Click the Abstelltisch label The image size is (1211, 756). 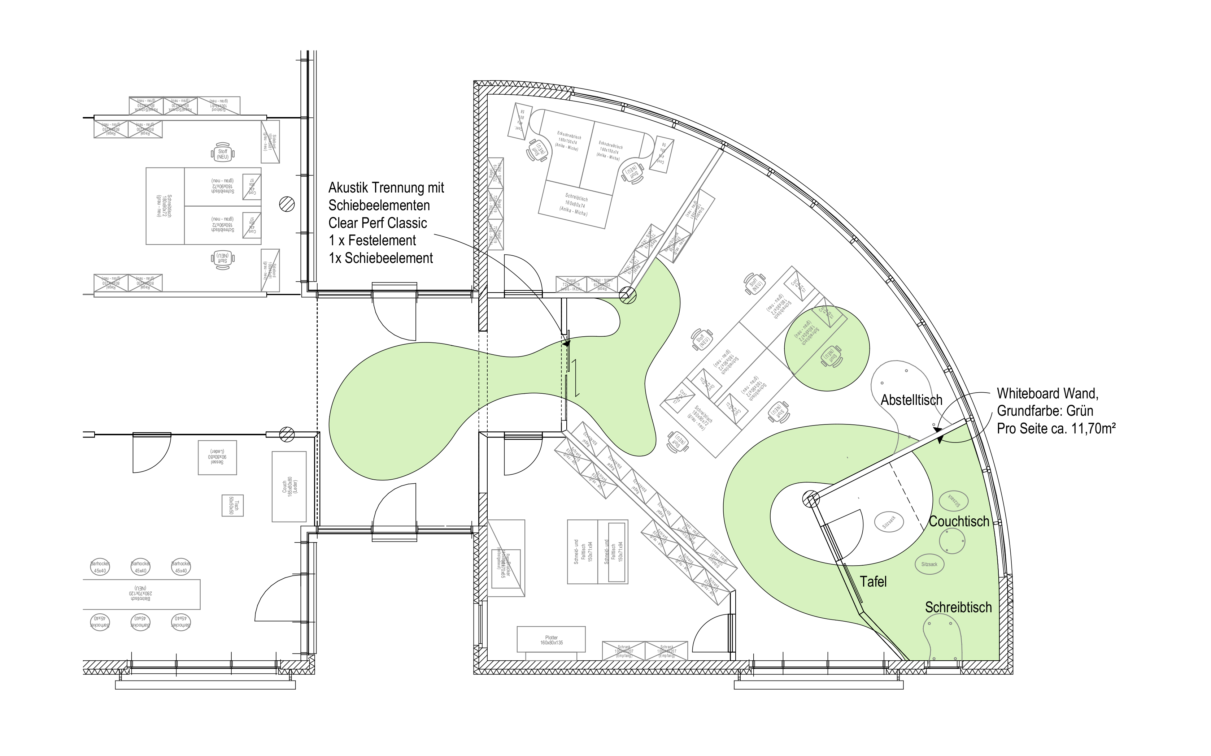[x=911, y=400]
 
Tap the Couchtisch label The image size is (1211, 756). [x=959, y=522]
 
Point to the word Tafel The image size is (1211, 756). [x=873, y=582]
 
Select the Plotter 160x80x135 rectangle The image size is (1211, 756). [x=551, y=639]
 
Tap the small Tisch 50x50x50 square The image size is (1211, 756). [x=232, y=505]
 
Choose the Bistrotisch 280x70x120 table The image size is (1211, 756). [x=141, y=594]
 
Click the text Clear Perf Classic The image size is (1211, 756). [x=378, y=223]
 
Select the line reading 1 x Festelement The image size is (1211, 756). [x=372, y=241]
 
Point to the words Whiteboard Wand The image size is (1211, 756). [x=1047, y=393]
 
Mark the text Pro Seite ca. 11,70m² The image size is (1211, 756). [x=1056, y=428]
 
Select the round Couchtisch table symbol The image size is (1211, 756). [x=952, y=540]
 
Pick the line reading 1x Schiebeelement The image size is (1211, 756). [x=381, y=258]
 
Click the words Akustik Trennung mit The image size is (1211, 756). [x=386, y=188]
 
